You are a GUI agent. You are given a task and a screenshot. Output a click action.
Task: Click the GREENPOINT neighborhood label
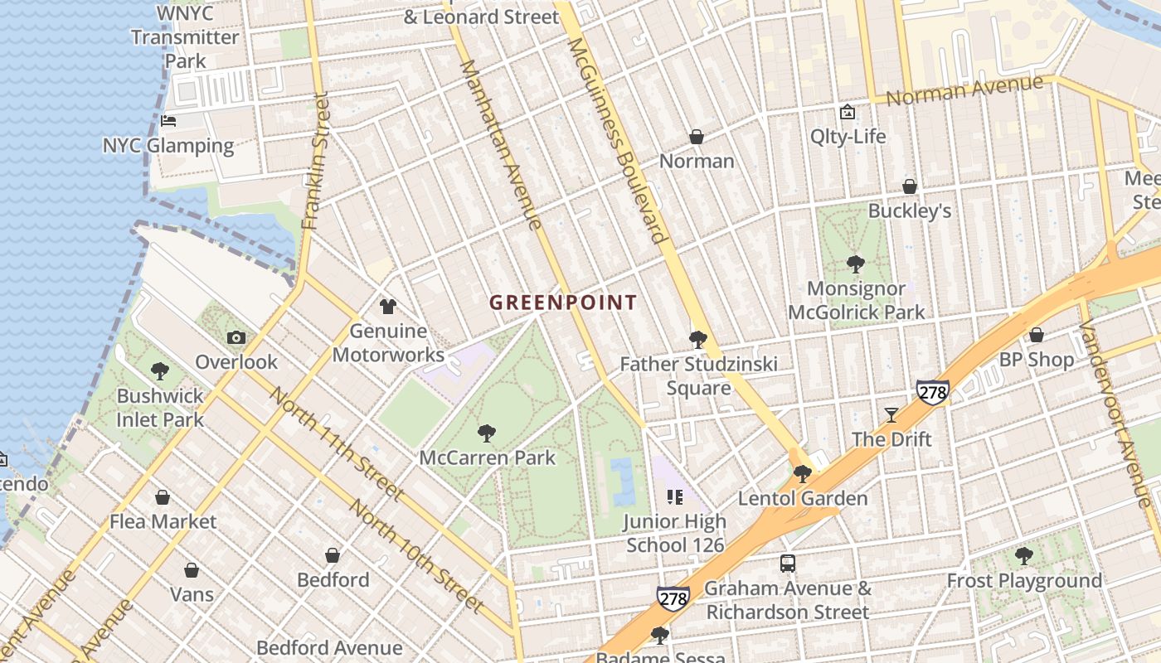coord(563,302)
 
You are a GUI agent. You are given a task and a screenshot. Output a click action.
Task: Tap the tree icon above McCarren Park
coord(487,433)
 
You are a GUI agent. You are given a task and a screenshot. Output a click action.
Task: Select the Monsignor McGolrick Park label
coord(856,301)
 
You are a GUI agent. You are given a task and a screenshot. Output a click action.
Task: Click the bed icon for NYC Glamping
coord(168,121)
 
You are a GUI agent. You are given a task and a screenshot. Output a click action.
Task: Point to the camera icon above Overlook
coord(236,337)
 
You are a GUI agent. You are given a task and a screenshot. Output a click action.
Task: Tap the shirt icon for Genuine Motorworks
coord(387,307)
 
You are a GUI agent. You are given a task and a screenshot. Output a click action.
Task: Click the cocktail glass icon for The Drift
coord(891,414)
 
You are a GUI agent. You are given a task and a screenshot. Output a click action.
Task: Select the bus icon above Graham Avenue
coord(787,564)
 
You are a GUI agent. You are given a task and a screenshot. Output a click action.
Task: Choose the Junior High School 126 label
coord(675,533)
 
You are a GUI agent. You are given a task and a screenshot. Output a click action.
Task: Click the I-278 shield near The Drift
coord(933,391)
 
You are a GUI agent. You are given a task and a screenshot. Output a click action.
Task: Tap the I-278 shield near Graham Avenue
coord(673,598)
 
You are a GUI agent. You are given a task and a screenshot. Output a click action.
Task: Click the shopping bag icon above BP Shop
coord(1036,335)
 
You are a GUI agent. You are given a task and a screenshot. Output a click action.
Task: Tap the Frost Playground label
coord(1024,580)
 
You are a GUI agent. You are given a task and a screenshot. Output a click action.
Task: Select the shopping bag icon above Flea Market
coord(163,497)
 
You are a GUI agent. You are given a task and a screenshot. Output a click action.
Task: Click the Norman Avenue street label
coord(964,90)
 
